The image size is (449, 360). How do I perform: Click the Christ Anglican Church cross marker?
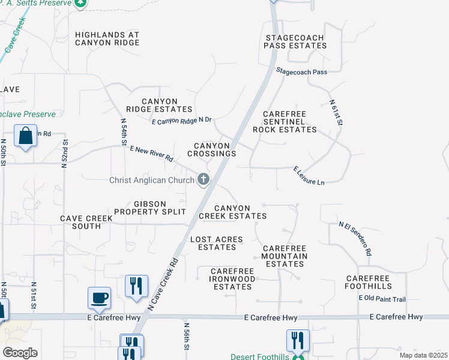coord(203,179)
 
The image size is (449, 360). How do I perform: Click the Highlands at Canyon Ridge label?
coord(107,39)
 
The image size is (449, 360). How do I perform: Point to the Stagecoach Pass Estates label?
coord(295,41)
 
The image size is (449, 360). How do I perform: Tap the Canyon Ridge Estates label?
coord(159,105)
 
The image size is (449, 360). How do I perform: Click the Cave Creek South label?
coord(86,222)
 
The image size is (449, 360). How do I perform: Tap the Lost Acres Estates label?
coord(217,243)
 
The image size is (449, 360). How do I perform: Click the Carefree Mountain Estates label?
coord(285,256)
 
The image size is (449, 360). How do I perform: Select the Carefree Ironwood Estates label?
coord(232,279)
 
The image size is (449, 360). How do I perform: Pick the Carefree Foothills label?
coord(369,283)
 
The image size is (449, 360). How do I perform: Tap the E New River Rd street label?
coord(151,154)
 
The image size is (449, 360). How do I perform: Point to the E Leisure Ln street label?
coord(309,175)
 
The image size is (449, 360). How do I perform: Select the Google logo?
coord(20,353)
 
